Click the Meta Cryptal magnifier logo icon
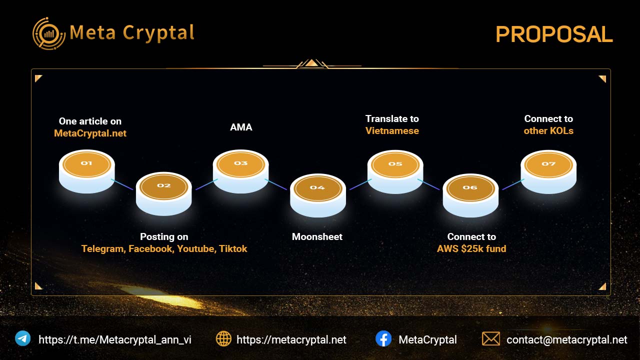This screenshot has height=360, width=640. (x=49, y=33)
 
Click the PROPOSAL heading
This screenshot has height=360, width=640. (x=554, y=34)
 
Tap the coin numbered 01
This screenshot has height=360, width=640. (x=87, y=171)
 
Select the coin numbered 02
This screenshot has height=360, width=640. (x=163, y=193)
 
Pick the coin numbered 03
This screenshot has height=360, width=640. (x=241, y=171)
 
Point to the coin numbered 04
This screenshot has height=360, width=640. (x=318, y=195)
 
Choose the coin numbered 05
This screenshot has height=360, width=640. (x=395, y=172)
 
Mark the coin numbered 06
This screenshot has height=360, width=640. (x=470, y=195)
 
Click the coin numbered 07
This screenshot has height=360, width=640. (x=548, y=172)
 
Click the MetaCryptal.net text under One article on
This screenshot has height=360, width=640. (x=90, y=133)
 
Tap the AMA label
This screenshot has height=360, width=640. (x=241, y=127)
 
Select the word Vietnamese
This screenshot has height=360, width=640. (x=392, y=131)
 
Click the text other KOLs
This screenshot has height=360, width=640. (x=548, y=131)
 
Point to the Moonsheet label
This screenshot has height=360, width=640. (x=317, y=237)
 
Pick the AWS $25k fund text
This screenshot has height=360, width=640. (x=471, y=249)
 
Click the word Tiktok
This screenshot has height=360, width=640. (x=233, y=249)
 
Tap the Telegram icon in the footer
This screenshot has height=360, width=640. (x=23, y=338)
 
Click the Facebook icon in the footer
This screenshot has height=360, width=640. (x=383, y=338)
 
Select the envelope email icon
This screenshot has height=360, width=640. (x=491, y=339)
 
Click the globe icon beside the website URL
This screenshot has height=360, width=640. (x=223, y=339)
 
